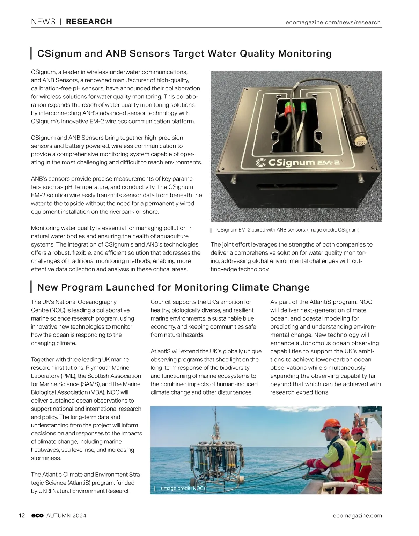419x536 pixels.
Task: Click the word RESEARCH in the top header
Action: click(x=89, y=22)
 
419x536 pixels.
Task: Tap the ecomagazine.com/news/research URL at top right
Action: click(x=333, y=22)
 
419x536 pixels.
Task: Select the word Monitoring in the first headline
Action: click(x=304, y=53)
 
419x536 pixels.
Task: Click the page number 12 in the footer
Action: click(x=22, y=516)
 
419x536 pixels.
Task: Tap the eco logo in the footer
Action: click(x=37, y=516)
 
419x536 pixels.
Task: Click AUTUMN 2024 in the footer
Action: click(x=66, y=516)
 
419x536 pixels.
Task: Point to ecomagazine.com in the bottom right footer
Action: click(x=357, y=516)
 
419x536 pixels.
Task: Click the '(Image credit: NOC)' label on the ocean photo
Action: click(x=183, y=488)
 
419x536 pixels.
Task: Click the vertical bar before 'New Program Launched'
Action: click(x=31, y=287)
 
